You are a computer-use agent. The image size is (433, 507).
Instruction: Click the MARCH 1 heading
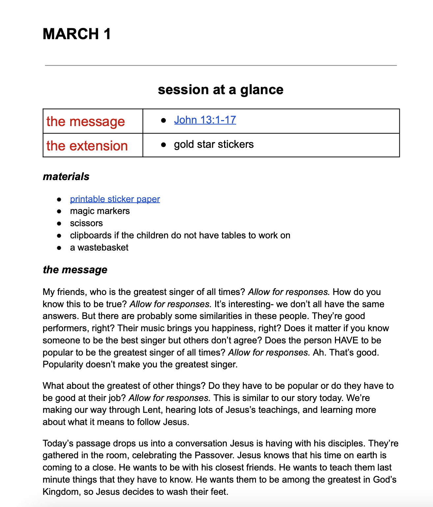coord(77,34)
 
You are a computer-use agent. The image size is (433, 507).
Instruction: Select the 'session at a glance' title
coord(220,90)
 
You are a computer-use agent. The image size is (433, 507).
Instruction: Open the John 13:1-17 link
coord(205,120)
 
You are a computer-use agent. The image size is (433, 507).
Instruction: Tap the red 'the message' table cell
coord(86,121)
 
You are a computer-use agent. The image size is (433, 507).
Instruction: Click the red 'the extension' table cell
coord(87,146)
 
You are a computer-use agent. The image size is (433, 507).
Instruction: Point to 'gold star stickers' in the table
coord(214,144)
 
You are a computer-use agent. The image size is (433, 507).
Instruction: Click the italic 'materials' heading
coord(66,176)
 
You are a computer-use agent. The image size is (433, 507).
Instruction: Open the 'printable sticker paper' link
coord(115,199)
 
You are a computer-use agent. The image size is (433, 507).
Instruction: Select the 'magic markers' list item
coord(100,211)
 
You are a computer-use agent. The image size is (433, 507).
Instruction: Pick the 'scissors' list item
coord(86,223)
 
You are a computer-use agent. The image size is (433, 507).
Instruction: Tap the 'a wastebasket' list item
coord(99,248)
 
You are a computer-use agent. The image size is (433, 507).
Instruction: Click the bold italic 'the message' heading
coord(75,270)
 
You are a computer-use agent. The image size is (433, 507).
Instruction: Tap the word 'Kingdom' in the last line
coord(61,492)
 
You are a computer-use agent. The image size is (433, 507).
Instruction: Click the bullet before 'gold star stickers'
coord(164,145)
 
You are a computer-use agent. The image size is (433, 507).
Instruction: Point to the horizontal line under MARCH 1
coord(220,66)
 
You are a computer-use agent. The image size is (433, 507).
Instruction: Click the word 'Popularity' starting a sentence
coord(63,364)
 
